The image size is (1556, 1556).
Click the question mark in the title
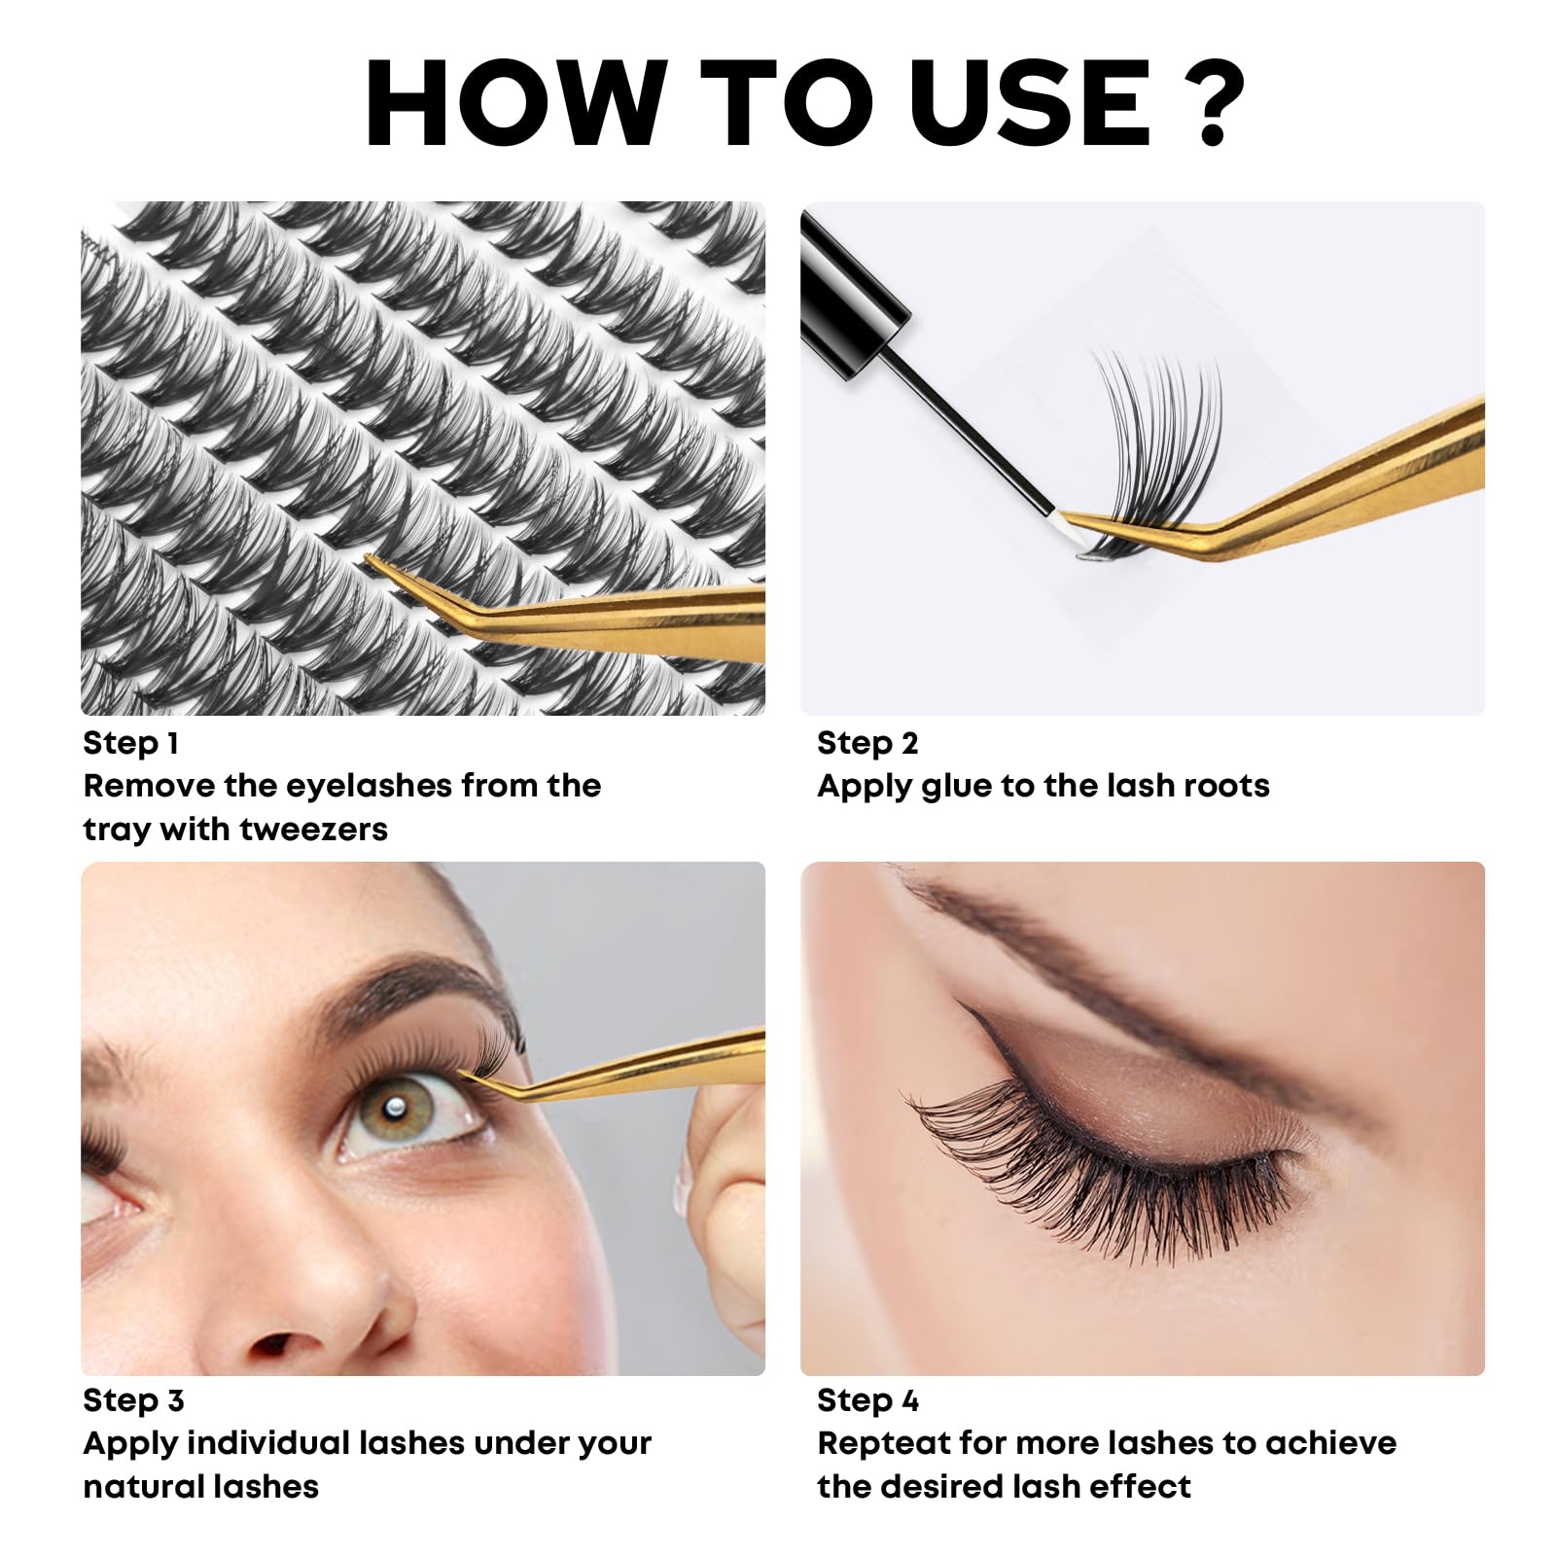coord(1209,103)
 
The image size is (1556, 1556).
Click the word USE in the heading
coord(1030,103)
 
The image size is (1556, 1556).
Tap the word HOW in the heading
coord(516,103)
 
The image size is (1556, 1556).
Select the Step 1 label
coord(130,744)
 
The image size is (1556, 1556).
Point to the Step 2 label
coord(867,744)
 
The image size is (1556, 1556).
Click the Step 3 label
coord(133,1401)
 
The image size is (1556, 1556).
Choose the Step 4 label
coord(867,1401)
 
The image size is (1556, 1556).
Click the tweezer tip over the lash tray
coord(370,558)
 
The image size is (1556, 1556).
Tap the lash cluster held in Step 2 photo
coord(1152,447)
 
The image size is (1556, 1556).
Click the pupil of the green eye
coord(396,1111)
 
